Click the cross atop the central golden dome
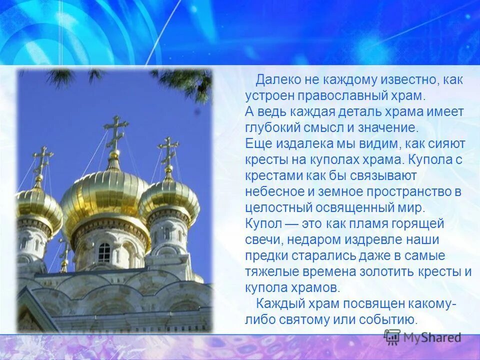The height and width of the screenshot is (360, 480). click(x=115, y=131)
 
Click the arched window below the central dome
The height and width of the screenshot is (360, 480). click(x=104, y=252)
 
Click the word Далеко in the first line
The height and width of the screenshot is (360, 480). click(x=278, y=79)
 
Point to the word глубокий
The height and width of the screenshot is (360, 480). click(x=276, y=127)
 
